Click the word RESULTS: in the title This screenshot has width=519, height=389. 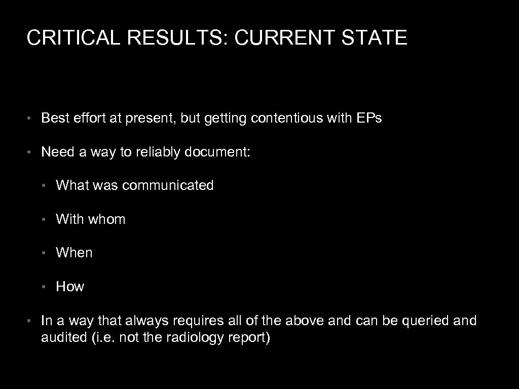coord(174,38)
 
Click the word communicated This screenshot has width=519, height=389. coord(168,185)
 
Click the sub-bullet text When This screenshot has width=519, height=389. coord(74,253)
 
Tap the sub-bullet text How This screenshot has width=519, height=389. coord(70,287)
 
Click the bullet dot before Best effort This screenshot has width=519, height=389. coord(31,119)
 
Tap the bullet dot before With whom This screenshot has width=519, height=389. coord(46,220)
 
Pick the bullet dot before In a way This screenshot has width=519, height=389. coord(31,321)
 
